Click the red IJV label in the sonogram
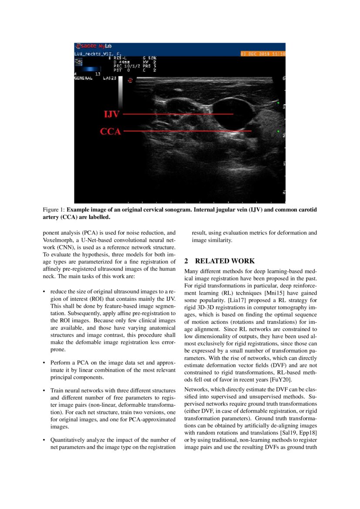pos(111,115)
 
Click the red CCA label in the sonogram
pos(111,131)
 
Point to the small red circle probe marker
pos(130,80)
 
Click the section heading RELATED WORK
pos(225,261)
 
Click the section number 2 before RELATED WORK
pos(186,261)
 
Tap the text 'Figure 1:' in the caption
pos(54,210)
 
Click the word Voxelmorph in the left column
pos(58,240)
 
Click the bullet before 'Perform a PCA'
pos(44,362)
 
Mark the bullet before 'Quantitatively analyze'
pos(44,440)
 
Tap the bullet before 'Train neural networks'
pos(44,391)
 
